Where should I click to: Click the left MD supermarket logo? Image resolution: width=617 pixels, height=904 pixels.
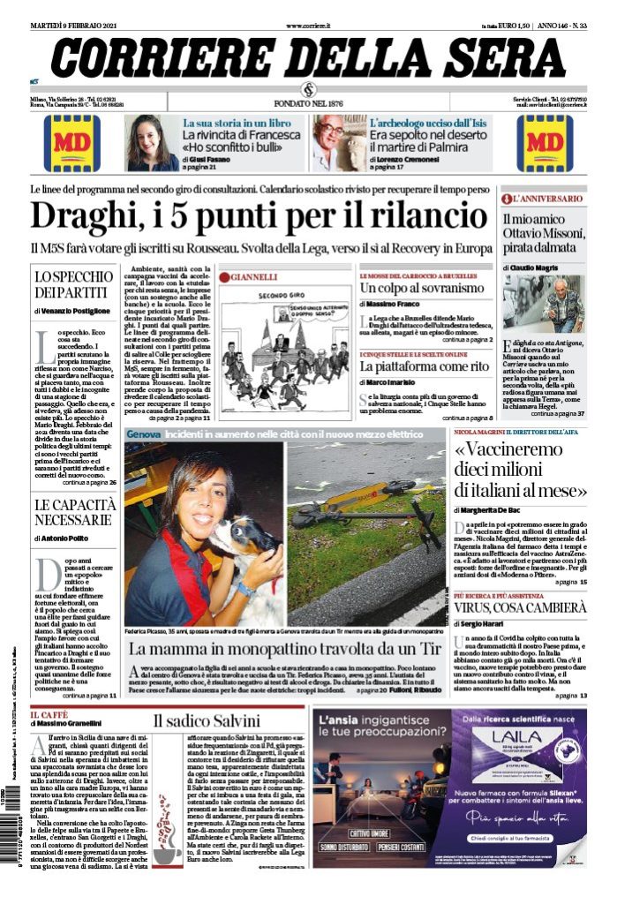(71, 142)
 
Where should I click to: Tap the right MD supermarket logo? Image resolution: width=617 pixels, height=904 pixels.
(545, 142)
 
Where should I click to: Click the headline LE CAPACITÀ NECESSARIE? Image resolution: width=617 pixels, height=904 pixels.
(74, 512)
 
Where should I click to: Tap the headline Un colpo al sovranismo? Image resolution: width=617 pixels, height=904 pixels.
(422, 289)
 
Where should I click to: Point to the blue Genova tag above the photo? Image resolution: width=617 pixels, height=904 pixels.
(142, 434)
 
